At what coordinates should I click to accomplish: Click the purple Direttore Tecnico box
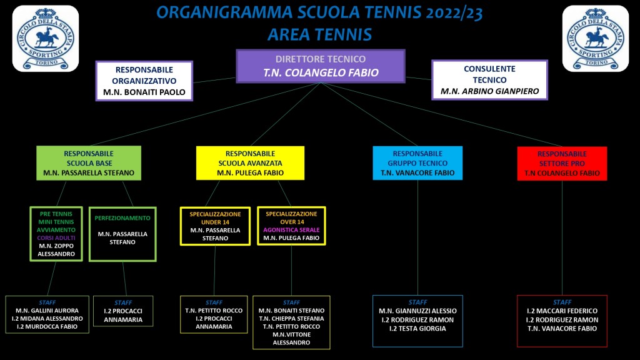pos(321,66)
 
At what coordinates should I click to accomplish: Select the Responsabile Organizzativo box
pos(144,81)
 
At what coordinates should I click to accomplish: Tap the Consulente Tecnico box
pos(489,80)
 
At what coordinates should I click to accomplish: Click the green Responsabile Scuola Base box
pos(89,163)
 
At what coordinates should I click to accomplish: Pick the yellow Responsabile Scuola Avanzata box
pos(250,163)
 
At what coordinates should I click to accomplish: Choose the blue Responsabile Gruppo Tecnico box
pos(417,163)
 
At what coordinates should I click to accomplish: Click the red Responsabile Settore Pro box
pos(562,163)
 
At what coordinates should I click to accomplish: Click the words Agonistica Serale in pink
pos(291,230)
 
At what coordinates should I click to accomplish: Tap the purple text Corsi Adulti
pos(56,237)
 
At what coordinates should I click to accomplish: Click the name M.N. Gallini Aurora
pos(47,311)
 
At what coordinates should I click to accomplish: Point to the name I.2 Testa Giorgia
pos(417,329)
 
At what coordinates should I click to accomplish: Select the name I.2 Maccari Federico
pos(562,311)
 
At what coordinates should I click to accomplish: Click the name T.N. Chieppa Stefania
pos(291,318)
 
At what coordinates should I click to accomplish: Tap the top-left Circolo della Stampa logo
pos(46,38)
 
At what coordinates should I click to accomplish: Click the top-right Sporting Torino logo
pos(596,38)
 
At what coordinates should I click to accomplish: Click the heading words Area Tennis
pos(320,34)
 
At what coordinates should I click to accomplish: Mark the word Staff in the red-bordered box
pos(562,302)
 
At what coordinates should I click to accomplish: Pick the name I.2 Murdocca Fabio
pos(47,326)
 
